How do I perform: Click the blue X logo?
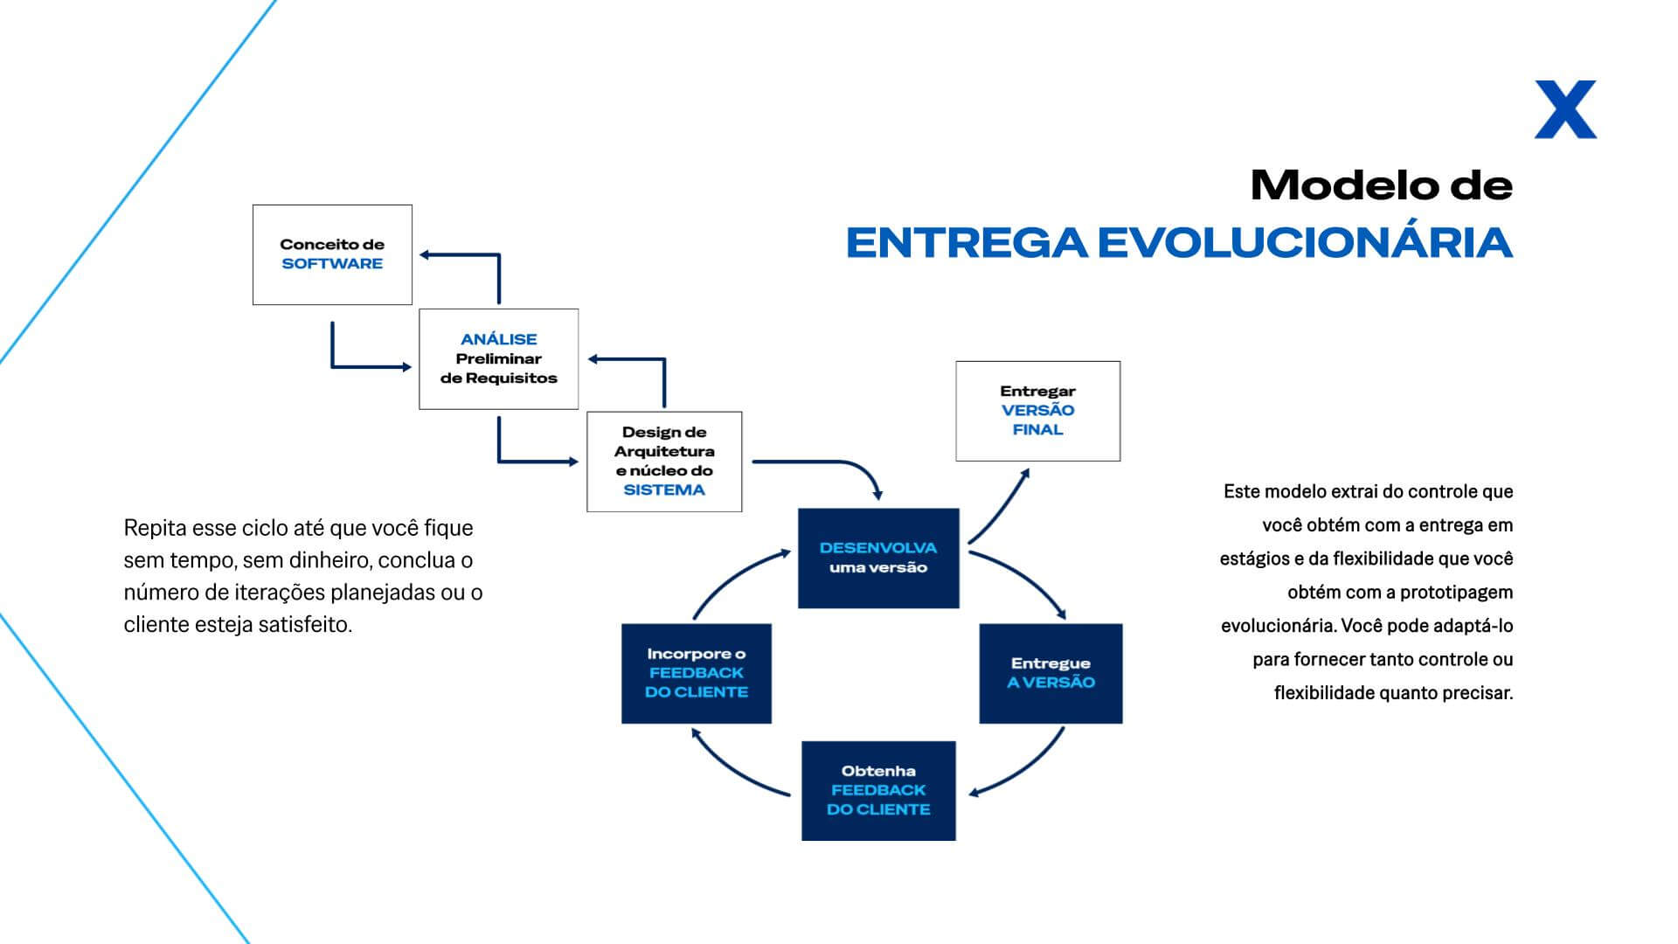pos(1565,109)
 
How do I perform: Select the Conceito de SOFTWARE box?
pos(332,254)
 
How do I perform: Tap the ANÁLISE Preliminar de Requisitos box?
pos(499,358)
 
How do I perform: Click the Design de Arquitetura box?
pos(664,462)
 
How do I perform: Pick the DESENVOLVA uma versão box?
pos(878,558)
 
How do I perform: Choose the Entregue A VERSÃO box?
pos(1050,673)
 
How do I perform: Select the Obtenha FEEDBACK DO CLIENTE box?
pos(878,791)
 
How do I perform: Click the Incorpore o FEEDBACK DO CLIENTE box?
pos(697,673)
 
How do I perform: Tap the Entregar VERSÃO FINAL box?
pos(1037,411)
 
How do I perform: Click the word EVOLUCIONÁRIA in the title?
pos(1305,242)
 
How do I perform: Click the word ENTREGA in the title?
pos(967,242)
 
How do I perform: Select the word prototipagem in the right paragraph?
pos(1456,593)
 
